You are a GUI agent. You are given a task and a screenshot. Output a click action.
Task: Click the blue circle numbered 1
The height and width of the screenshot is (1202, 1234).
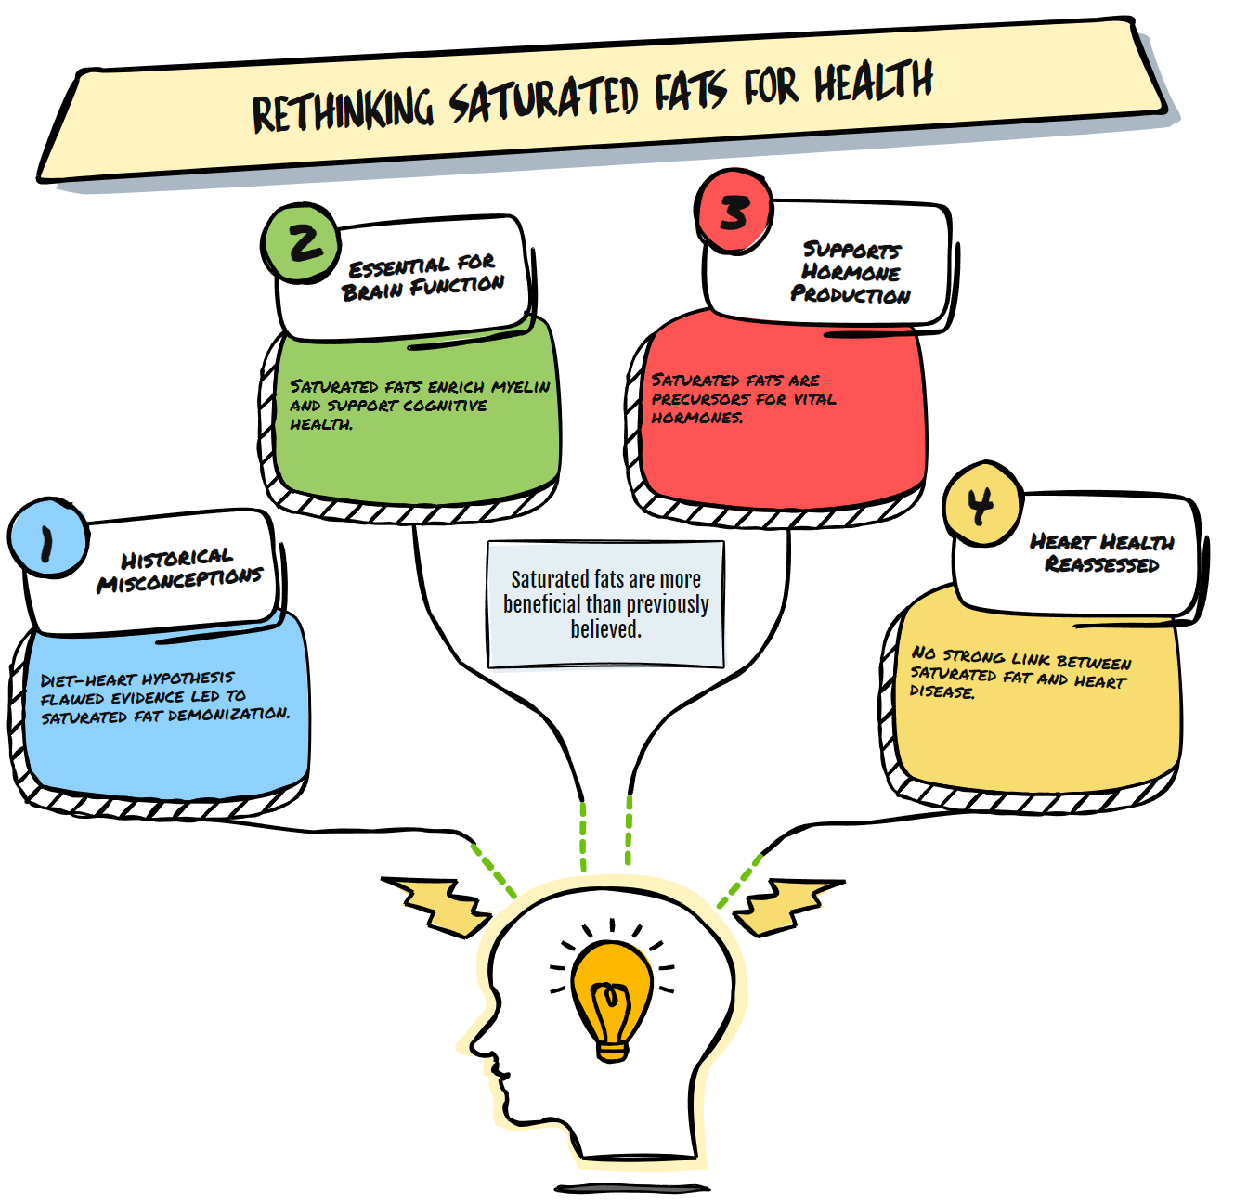click(x=47, y=538)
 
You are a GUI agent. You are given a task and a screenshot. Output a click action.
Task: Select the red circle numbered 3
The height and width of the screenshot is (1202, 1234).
click(x=734, y=212)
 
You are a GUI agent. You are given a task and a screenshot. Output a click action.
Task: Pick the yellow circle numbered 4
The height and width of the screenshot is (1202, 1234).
click(x=981, y=504)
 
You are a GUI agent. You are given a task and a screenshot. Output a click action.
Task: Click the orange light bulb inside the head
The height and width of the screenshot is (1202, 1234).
click(x=611, y=998)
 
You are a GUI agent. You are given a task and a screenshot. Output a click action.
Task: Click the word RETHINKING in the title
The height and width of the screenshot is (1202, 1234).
click(x=342, y=110)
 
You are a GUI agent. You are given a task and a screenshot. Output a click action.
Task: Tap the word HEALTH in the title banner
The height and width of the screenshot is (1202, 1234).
click(x=873, y=82)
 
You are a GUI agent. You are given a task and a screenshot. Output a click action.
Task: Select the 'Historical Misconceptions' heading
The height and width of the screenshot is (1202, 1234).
click(x=178, y=569)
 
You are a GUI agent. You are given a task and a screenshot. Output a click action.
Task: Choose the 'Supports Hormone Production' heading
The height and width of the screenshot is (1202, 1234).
click(x=851, y=272)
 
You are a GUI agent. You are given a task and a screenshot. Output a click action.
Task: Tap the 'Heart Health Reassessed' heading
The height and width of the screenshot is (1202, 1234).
click(x=1101, y=552)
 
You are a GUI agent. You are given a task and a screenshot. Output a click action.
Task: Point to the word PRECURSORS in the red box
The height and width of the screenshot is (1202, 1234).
click(x=688, y=399)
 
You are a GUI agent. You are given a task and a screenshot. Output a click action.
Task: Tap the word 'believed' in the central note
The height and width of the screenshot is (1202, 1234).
click(x=604, y=629)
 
